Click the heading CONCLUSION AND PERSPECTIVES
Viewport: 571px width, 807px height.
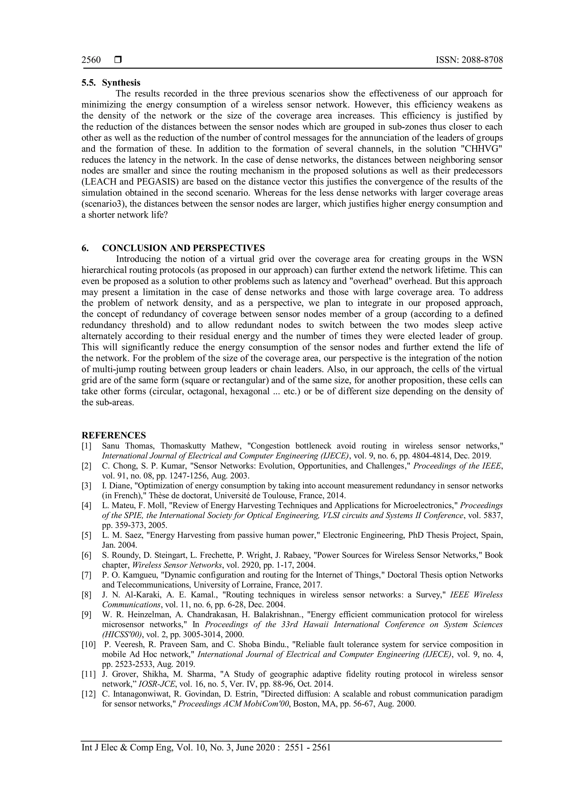pos(183,248)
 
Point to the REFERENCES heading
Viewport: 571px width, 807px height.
pos(113,436)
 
